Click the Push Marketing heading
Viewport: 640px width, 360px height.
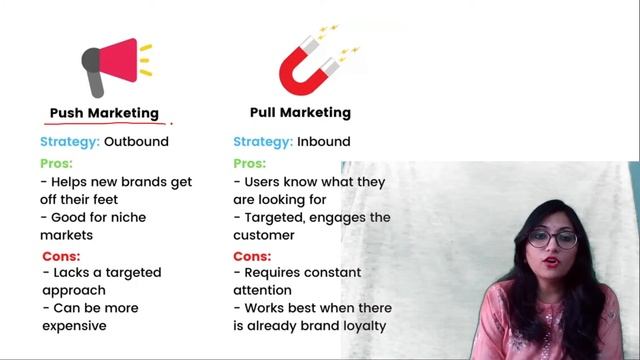click(104, 113)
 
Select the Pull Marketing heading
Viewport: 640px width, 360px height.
click(300, 113)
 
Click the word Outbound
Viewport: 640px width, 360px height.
click(136, 142)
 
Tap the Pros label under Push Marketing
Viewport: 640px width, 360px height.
click(56, 163)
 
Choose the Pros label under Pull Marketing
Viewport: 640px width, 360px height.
click(249, 163)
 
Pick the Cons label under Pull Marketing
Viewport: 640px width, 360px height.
click(250, 255)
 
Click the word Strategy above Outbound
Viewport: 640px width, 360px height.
click(69, 142)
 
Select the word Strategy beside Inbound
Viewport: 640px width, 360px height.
click(263, 142)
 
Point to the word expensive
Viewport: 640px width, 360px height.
click(74, 326)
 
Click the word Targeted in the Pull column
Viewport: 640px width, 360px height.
click(277, 218)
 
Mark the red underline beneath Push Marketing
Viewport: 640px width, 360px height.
click(105, 124)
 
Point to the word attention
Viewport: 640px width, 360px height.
click(264, 290)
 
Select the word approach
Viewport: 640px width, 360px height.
click(73, 290)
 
